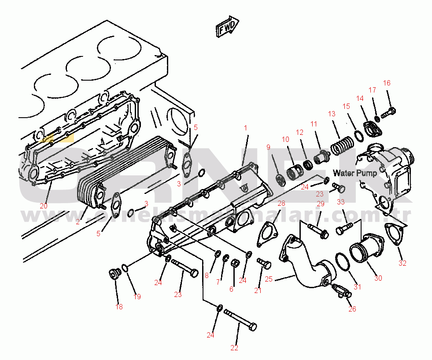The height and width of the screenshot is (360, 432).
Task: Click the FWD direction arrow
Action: [227, 27]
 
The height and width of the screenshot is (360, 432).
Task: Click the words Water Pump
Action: [354, 173]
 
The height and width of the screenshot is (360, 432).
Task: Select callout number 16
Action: [387, 83]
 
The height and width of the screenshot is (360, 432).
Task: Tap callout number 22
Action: [234, 348]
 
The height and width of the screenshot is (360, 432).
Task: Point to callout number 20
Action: [43, 206]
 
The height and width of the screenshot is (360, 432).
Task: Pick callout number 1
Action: [246, 128]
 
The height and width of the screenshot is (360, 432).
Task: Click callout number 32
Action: [402, 264]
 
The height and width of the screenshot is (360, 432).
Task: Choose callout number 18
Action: [119, 307]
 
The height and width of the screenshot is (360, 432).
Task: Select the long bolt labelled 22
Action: [240, 320]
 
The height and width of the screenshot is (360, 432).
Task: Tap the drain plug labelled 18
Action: [114, 274]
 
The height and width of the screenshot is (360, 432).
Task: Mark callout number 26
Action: [352, 309]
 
